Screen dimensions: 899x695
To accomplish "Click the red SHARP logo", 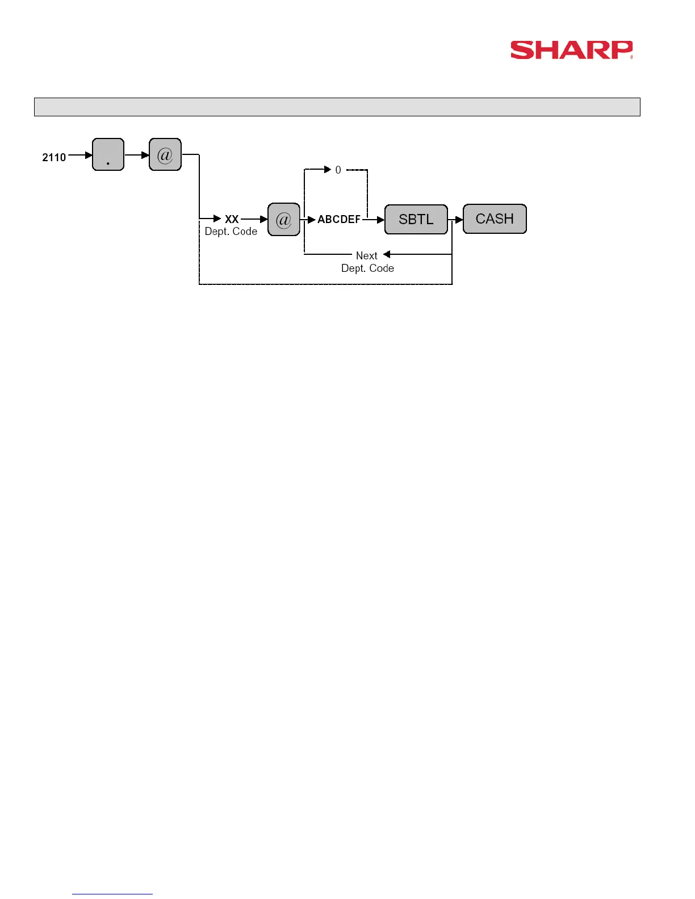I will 571,50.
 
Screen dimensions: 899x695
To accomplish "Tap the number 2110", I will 54,157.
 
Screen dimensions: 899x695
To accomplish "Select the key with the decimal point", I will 108,154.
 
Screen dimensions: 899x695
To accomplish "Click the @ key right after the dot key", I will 165,154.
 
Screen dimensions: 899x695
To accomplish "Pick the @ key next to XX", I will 283,219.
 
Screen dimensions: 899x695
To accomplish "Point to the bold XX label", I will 232,219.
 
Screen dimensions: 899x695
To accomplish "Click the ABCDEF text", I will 339,219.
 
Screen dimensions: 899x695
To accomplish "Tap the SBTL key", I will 416,219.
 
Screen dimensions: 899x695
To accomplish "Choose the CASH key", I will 495,219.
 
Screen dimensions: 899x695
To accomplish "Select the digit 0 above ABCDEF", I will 338,170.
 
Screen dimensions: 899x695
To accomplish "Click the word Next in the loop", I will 366,255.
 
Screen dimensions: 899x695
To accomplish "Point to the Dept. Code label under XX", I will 231,232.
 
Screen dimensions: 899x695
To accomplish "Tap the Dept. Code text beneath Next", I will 367,268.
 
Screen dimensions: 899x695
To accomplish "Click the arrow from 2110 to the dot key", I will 80,155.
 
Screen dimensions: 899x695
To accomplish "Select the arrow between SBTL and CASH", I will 456,220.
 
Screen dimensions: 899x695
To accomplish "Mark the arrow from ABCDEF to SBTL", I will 373,220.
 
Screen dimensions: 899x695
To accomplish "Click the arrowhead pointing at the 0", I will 327,169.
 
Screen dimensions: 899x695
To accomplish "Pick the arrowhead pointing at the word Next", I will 387,254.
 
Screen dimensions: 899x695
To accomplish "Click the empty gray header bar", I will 337,107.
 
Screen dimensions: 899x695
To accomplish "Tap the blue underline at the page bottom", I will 112,894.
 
